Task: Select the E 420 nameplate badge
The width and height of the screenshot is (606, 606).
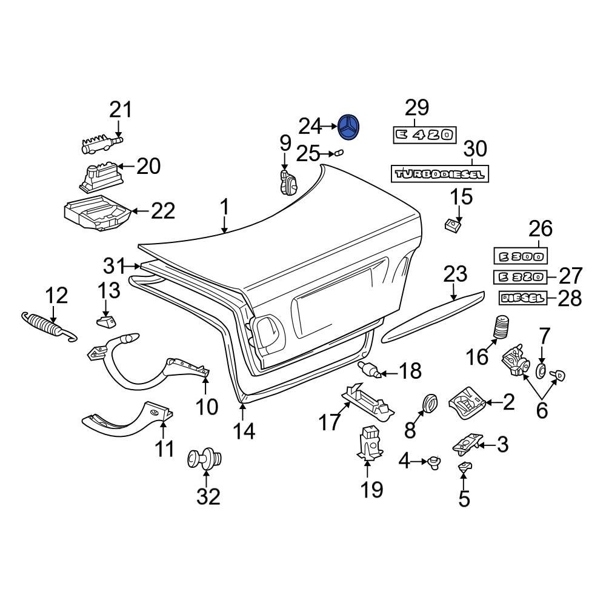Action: pos(424,135)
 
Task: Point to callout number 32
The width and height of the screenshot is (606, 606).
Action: pos(208,496)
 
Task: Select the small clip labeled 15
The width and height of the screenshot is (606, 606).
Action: pos(451,226)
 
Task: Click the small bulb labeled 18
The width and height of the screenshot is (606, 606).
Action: pos(368,368)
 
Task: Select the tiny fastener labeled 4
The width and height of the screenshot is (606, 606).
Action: pos(433,463)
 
